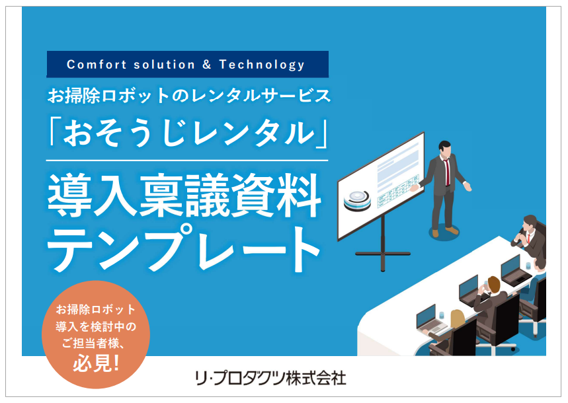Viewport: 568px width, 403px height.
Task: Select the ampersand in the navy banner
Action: pyautogui.click(x=206, y=65)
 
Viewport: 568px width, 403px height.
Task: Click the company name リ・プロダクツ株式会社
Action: pyautogui.click(x=270, y=379)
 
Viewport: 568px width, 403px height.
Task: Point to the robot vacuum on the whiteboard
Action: pyautogui.click(x=357, y=198)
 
